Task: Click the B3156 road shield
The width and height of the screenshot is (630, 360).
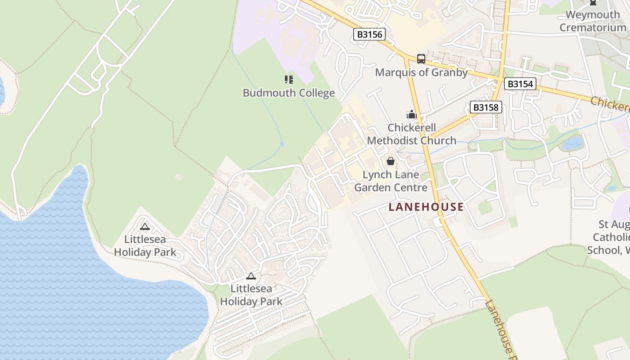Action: [369, 34]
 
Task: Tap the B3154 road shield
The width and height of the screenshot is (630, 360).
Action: [520, 84]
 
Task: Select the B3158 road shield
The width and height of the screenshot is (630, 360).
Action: [486, 107]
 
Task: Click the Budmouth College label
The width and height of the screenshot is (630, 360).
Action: [289, 93]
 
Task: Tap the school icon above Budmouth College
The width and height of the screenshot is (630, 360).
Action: [289, 80]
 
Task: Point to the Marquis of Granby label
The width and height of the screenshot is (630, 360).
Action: [421, 72]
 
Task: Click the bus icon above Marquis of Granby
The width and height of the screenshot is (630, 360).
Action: [421, 58]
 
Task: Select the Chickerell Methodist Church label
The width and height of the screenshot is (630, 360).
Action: [412, 134]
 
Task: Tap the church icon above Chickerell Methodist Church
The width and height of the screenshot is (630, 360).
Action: [412, 114]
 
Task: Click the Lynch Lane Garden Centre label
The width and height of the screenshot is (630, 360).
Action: [391, 181]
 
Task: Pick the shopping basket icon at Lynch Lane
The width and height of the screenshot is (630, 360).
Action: [391, 161]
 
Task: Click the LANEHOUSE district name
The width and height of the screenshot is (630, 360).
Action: [426, 207]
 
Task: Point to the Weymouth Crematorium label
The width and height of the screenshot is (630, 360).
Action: [593, 21]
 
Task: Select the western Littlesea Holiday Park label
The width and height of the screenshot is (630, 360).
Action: [145, 246]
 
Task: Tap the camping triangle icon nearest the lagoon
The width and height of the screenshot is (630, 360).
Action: [145, 226]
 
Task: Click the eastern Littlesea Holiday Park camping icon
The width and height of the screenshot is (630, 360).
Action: [251, 276]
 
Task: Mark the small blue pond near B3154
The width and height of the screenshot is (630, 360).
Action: [572, 144]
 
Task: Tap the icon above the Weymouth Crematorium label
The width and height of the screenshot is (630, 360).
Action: [593, 2]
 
